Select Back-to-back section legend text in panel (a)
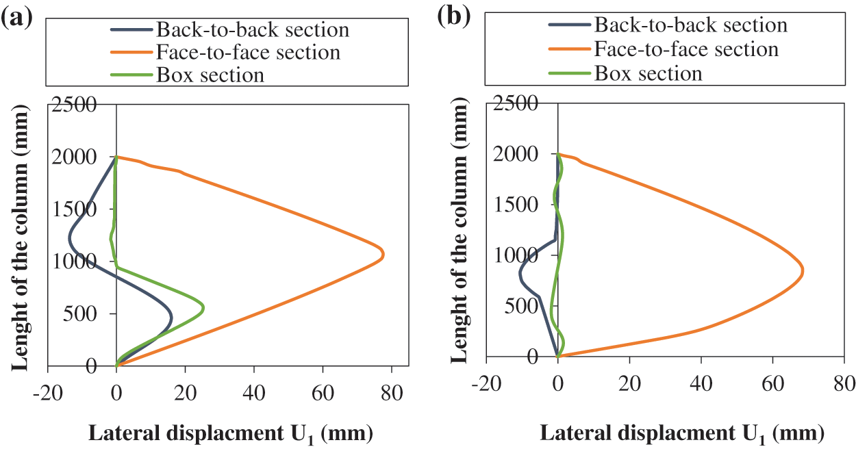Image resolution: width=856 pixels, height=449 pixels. coord(252,30)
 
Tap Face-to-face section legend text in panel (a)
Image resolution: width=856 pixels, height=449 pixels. coord(248,52)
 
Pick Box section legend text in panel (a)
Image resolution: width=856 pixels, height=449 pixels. coord(210,74)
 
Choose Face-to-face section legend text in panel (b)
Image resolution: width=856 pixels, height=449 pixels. coord(686,49)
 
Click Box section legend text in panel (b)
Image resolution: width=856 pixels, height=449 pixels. coord(649,73)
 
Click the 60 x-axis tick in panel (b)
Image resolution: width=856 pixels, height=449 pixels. coord(772,382)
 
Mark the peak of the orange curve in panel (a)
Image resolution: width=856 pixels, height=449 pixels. coord(383,255)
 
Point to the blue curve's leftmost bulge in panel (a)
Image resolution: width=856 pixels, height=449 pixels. coord(69,238)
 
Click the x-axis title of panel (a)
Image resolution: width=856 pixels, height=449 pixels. coord(231,433)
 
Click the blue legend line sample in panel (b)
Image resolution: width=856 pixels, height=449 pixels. coord(568,26)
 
